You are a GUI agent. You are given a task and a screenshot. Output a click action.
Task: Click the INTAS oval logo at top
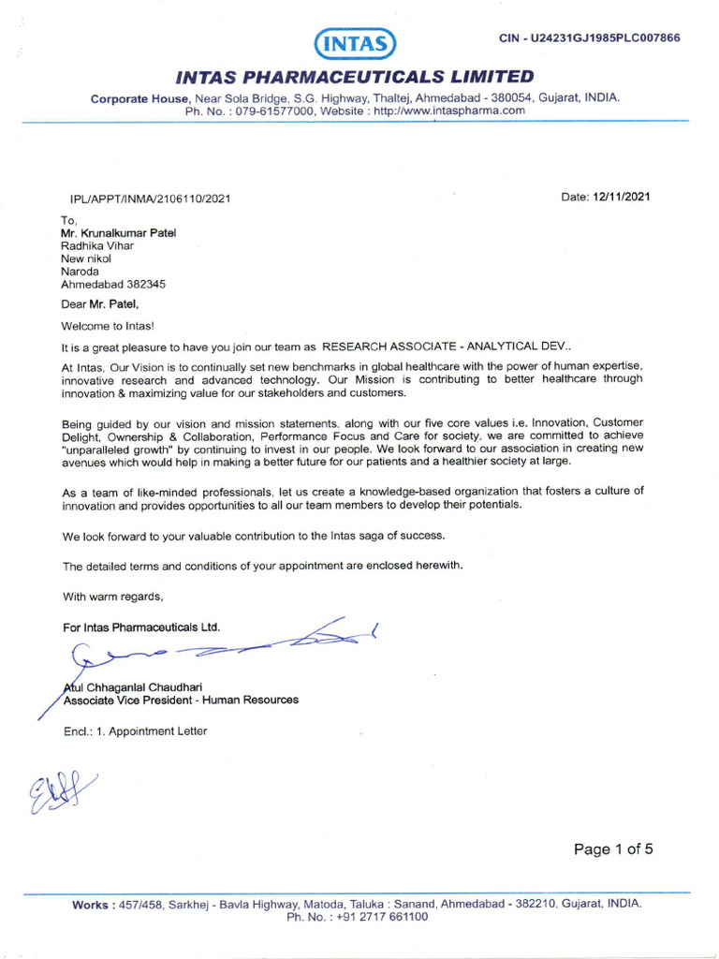pyautogui.click(x=355, y=43)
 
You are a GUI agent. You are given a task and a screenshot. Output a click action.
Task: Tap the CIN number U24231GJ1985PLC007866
pyautogui.click(x=590, y=38)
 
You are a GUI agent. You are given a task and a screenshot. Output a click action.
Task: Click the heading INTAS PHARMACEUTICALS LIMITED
pyautogui.click(x=355, y=77)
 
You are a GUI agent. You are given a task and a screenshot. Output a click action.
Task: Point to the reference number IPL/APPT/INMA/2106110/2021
pyautogui.click(x=150, y=199)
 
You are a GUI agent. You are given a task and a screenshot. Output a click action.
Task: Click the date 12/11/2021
pyautogui.click(x=621, y=197)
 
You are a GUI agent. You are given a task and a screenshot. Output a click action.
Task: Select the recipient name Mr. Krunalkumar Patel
pyautogui.click(x=118, y=233)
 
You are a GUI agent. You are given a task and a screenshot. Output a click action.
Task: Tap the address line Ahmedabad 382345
pyautogui.click(x=113, y=284)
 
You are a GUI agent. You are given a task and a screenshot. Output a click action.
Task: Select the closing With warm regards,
pyautogui.click(x=112, y=597)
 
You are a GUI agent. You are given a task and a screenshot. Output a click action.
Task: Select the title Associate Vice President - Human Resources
pyautogui.click(x=181, y=700)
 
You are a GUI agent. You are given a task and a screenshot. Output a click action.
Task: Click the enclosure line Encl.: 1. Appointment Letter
pyautogui.click(x=135, y=731)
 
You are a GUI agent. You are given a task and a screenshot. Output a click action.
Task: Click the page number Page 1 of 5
pyautogui.click(x=613, y=849)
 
